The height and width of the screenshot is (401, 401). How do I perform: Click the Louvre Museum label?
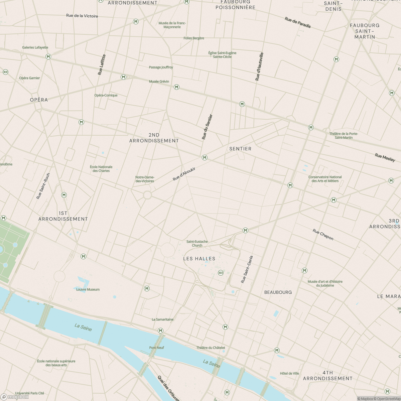tap(88, 289)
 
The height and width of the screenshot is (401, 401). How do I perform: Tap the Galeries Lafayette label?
tap(35, 47)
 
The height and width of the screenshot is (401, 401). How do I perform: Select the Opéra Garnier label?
tap(29, 78)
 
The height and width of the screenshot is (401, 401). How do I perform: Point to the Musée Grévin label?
tap(159, 82)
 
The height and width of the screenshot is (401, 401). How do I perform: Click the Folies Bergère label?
tap(194, 38)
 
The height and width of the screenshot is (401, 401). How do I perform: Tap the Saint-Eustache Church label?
tap(197, 243)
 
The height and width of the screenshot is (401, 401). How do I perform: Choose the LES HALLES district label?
tap(199, 259)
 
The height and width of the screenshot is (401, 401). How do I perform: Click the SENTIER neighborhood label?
tap(240, 149)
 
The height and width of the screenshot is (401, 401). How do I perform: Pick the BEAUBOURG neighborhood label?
tap(278, 292)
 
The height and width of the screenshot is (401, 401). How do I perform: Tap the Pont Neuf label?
tap(157, 348)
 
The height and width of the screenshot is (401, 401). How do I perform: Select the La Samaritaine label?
tap(163, 319)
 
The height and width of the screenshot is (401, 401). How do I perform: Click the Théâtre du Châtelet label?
tap(211, 348)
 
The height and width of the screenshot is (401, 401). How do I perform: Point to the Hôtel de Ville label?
tap(289, 373)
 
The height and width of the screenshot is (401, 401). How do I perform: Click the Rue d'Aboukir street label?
tap(184, 174)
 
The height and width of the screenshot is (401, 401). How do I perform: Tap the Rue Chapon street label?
tap(323, 234)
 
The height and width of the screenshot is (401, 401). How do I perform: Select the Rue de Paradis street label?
tap(298, 23)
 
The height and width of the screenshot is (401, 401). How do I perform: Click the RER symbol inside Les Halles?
tap(221, 273)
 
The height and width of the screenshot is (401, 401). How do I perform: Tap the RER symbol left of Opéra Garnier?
tap(5, 72)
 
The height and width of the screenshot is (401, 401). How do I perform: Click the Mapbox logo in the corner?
tap(17, 397)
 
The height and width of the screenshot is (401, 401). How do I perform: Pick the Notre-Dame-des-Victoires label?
tap(145, 179)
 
